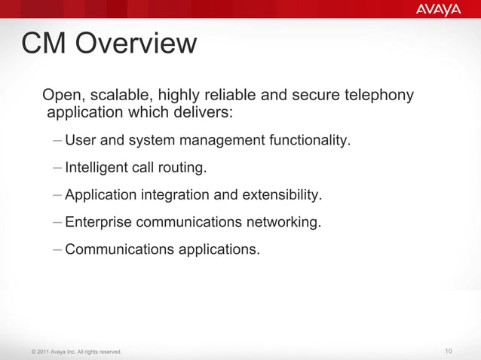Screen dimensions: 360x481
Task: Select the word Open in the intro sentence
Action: (63, 96)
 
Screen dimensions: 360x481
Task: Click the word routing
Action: (180, 168)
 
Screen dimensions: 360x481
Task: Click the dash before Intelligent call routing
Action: (58, 168)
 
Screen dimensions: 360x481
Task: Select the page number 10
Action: (449, 352)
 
